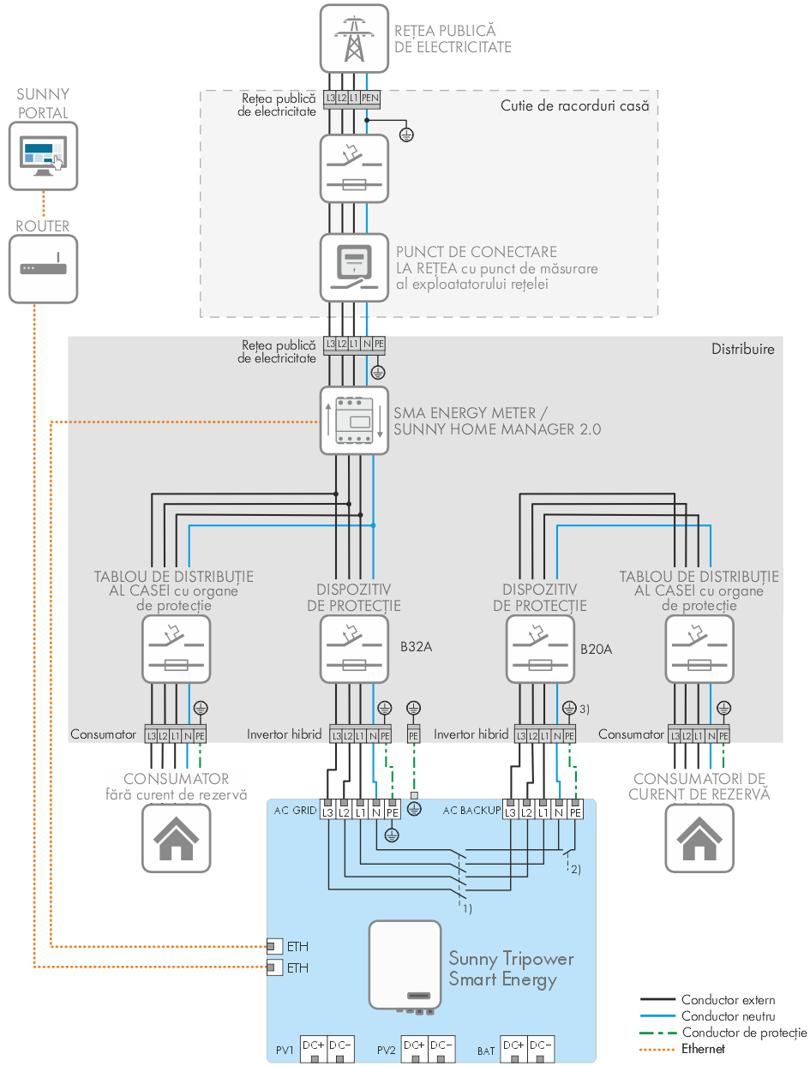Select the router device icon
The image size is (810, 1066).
[x=43, y=268]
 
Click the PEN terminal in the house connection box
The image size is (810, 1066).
[x=370, y=99]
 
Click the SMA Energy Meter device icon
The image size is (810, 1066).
[x=353, y=420]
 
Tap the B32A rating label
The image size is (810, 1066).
[x=416, y=647]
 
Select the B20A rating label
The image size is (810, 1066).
[x=596, y=650]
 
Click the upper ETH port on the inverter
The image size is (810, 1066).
[x=273, y=946]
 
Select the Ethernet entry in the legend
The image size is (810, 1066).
[x=703, y=1048]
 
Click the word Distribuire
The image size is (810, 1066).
[x=742, y=349]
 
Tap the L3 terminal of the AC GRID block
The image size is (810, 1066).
[x=327, y=811]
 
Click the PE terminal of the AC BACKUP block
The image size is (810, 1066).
[x=575, y=811]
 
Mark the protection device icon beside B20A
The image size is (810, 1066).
[x=540, y=649]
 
